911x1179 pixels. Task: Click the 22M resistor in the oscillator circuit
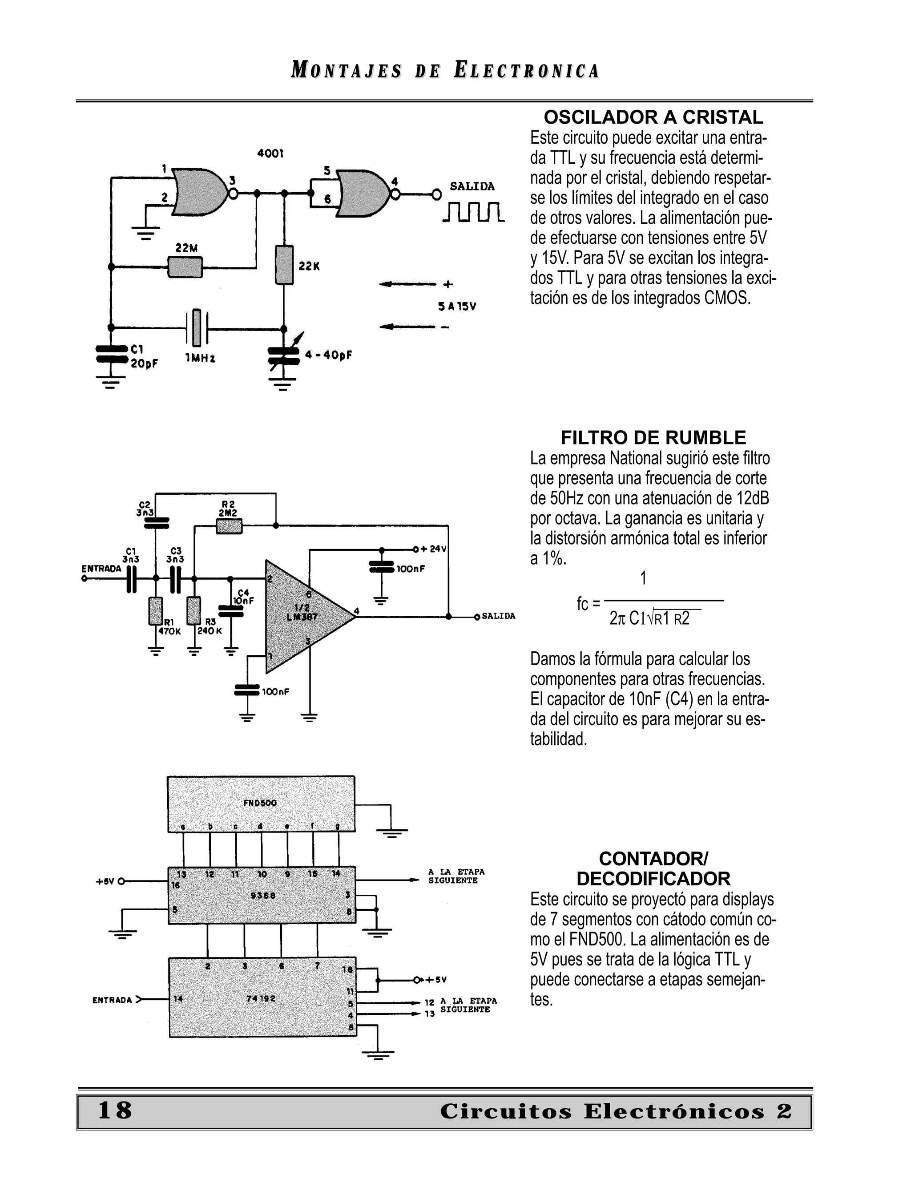(185, 266)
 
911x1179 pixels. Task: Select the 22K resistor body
(284, 265)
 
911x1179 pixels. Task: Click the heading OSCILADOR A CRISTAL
(653, 117)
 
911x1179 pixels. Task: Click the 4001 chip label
(270, 154)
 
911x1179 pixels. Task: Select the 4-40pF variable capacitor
(283, 355)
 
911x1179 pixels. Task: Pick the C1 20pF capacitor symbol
(111, 355)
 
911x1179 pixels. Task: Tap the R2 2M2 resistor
(229, 526)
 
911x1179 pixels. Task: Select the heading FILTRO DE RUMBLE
(653, 437)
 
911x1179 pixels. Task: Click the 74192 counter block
(262, 998)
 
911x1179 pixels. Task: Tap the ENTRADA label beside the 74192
(112, 1000)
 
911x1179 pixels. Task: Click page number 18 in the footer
(114, 1111)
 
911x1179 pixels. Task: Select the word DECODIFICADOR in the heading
(653, 879)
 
